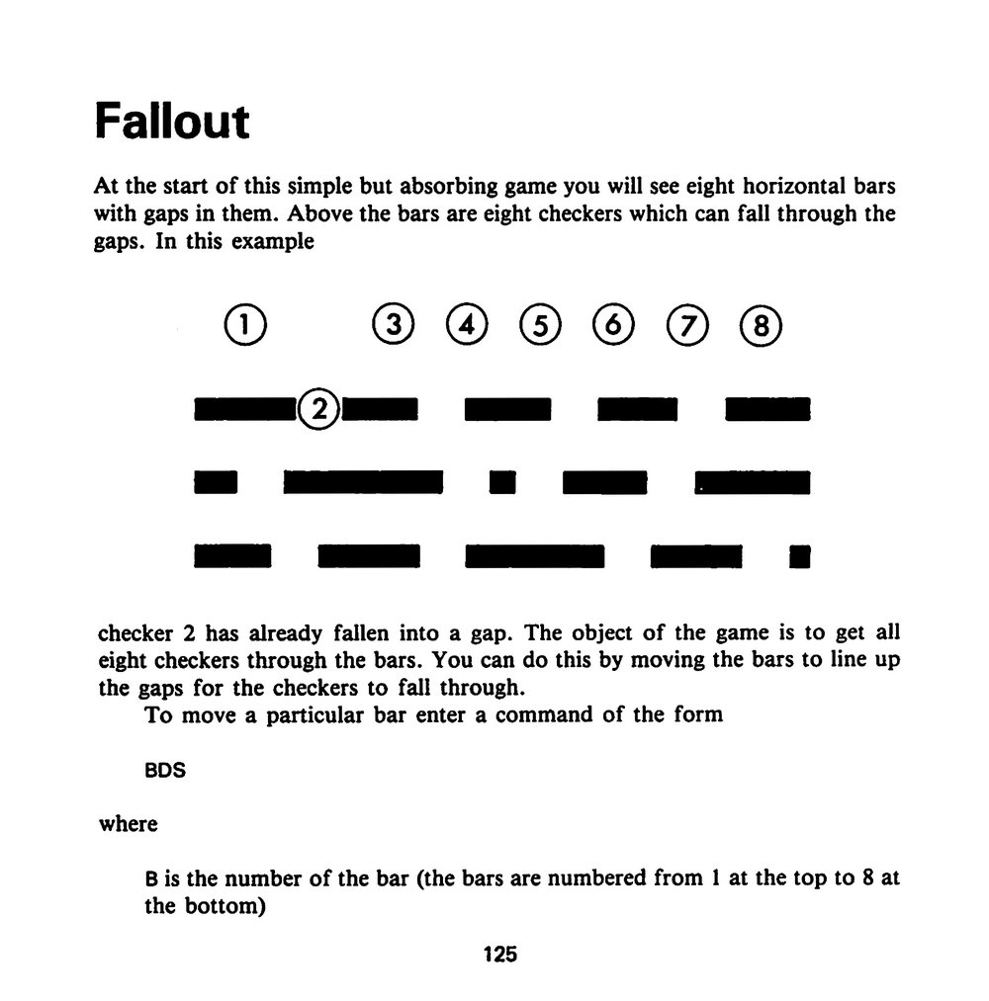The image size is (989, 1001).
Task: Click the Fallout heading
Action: click(x=172, y=121)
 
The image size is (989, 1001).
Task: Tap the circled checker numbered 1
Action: click(x=245, y=325)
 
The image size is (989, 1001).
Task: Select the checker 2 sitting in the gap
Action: click(x=318, y=408)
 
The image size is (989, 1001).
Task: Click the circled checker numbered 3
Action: click(x=393, y=324)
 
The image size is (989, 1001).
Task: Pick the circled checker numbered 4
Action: click(x=467, y=324)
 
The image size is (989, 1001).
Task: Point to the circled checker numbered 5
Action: click(x=541, y=325)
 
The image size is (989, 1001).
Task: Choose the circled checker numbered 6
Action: click(x=613, y=324)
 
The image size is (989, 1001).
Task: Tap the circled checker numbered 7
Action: click(x=687, y=325)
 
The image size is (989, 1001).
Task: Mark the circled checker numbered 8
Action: click(x=761, y=325)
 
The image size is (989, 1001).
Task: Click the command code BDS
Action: click(x=165, y=770)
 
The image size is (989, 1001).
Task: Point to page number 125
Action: click(x=500, y=955)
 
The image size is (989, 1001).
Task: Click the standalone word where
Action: click(x=129, y=824)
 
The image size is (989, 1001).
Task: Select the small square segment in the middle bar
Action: click(x=502, y=482)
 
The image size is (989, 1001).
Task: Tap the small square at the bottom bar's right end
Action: click(x=800, y=556)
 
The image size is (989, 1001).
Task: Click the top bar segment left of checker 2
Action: click(x=246, y=409)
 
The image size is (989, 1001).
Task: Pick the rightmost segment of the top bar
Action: click(x=767, y=409)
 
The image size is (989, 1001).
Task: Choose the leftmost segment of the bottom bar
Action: click(x=232, y=556)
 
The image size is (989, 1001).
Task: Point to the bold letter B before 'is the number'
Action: click(x=150, y=879)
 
